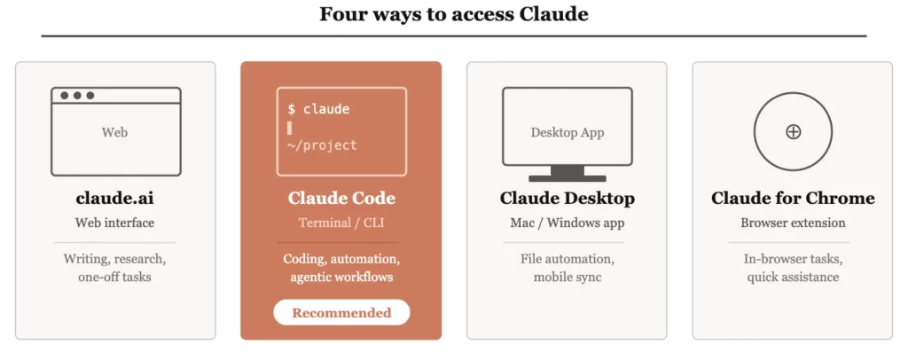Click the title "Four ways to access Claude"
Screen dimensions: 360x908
pos(453,14)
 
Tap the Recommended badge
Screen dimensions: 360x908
pos(341,312)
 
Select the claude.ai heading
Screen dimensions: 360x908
pos(115,198)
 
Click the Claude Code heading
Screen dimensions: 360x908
pos(341,198)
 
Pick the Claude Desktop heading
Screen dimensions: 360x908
pos(567,198)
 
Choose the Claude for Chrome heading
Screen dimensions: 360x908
pos(793,198)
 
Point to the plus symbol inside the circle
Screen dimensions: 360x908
pos(793,131)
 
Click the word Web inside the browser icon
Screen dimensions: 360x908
pos(115,132)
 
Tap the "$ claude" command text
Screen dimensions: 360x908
pos(318,109)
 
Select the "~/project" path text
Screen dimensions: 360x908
pos(322,145)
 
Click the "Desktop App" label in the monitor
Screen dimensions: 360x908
pos(567,132)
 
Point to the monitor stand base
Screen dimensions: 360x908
pos(567,178)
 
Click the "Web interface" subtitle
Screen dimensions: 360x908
pos(115,223)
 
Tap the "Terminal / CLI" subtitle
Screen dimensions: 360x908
pos(341,223)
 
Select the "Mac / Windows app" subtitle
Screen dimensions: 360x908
pos(567,223)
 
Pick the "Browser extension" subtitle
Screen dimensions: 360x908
pos(793,223)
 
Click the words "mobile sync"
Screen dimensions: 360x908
pos(567,277)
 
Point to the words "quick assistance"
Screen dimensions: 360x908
pos(793,277)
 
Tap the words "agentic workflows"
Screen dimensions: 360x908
pos(341,277)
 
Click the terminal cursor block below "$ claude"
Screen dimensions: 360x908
pos(289,128)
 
